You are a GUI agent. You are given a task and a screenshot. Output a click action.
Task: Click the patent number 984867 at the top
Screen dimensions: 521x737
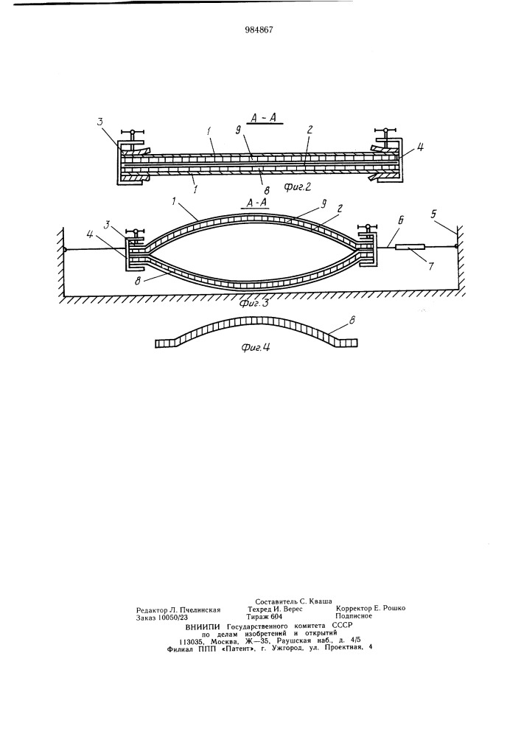pos(259,29)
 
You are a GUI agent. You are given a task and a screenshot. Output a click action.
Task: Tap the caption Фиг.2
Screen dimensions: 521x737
pos(298,187)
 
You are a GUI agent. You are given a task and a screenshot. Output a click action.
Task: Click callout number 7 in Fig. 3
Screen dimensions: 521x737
pos(430,265)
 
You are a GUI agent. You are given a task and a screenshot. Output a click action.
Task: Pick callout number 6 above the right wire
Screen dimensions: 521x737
pos(402,219)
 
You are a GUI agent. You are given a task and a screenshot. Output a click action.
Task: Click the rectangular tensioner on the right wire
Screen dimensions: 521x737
pos(410,247)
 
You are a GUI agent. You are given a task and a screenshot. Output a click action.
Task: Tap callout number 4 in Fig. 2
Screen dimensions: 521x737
pos(421,147)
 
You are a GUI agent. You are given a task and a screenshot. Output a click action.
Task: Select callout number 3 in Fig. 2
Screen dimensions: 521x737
pos(100,122)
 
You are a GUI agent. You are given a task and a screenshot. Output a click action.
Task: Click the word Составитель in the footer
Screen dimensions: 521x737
pos(276,601)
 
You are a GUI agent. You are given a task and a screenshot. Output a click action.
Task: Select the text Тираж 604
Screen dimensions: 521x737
pos(265,615)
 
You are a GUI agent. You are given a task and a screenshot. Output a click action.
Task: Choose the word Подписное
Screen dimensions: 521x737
pos(354,615)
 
